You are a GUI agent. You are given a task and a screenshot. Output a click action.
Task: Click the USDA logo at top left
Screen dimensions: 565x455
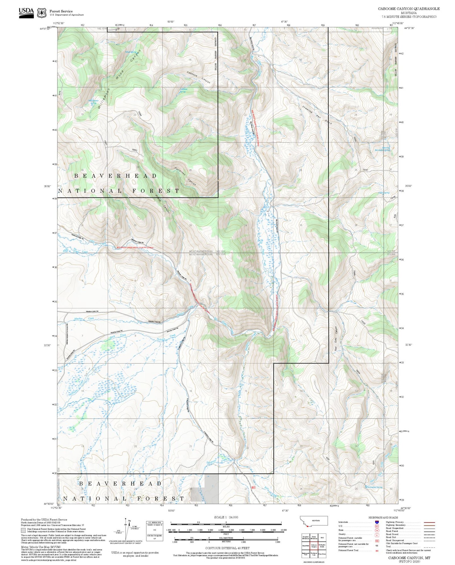(x=26, y=12)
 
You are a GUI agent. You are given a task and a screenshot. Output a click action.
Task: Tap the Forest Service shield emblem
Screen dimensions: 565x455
(x=41, y=13)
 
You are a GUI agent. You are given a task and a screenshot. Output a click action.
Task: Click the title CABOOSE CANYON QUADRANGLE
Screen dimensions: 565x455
(x=409, y=9)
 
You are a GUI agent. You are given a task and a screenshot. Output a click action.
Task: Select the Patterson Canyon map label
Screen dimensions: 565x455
(x=185, y=176)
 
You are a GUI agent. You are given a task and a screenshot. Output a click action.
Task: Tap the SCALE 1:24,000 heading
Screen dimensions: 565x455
(x=226, y=517)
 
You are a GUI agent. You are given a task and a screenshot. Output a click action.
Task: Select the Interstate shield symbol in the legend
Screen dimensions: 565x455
(x=377, y=522)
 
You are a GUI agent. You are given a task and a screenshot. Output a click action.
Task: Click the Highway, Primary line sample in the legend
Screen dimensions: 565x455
(x=429, y=522)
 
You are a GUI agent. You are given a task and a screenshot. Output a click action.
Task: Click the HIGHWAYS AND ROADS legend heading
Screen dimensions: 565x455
(x=383, y=517)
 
